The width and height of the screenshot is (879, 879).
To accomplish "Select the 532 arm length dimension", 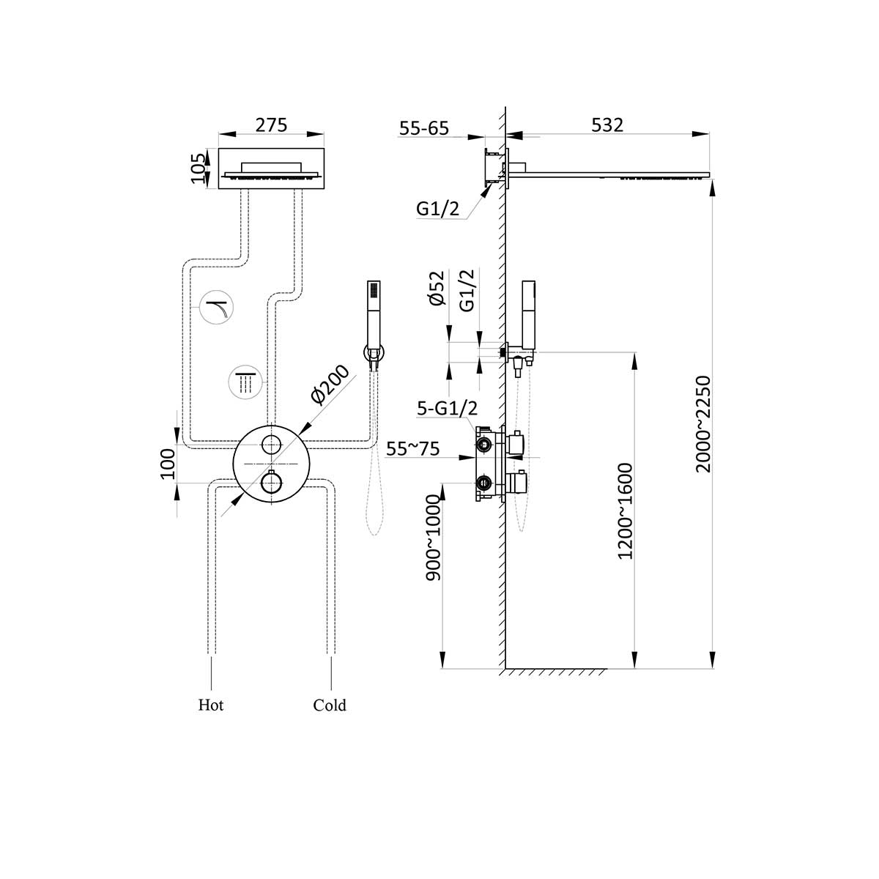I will point(607,125).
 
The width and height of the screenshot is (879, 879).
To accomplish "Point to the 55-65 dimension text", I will point(423,128).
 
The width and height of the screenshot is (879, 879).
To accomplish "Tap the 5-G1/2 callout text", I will point(447,409).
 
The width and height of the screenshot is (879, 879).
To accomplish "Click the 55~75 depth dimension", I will point(413,449).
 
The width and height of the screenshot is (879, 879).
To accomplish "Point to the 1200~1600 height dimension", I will point(625,511).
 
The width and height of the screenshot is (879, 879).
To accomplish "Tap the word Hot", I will point(211,705).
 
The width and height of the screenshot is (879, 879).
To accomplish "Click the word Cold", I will point(330,705).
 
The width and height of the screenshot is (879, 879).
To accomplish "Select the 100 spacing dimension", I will point(168,463).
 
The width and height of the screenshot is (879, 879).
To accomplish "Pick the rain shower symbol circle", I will point(244,381).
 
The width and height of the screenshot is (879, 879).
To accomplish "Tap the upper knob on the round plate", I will point(272,444).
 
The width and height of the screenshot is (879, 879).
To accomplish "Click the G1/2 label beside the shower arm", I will point(437,209).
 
